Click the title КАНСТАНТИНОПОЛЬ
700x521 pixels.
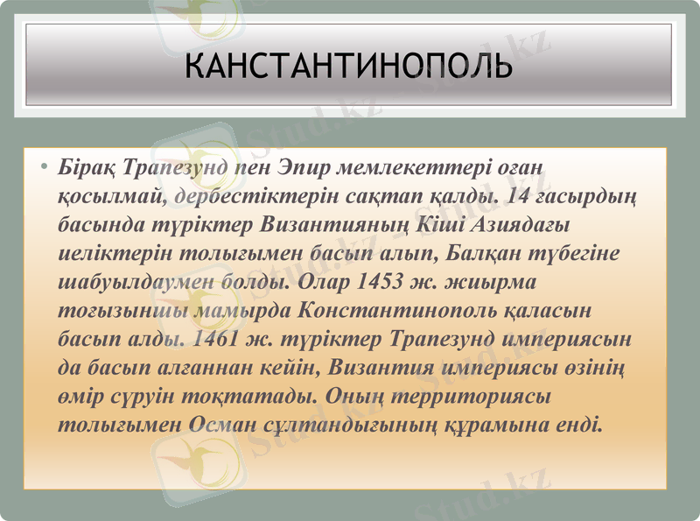click(x=349, y=67)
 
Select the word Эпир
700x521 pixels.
click(x=306, y=165)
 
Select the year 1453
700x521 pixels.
click(x=381, y=282)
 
